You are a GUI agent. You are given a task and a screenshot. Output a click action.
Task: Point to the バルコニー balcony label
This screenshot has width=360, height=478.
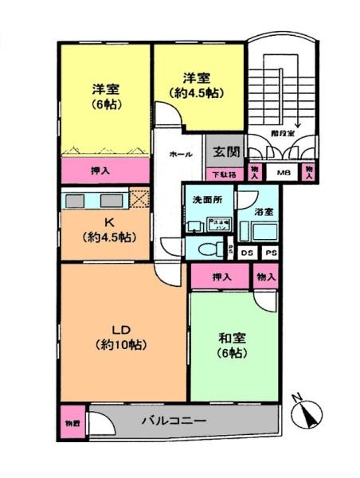pos(174,420)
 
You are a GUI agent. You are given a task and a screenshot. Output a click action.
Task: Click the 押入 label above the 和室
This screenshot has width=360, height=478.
pos(221,276)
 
